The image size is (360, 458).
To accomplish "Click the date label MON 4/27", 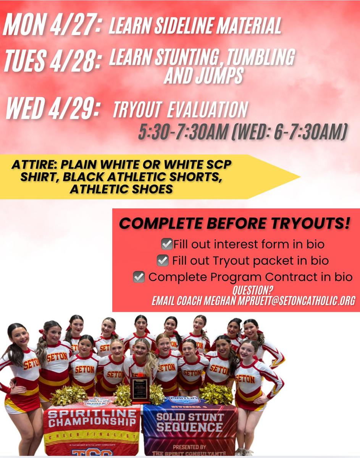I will [52, 26].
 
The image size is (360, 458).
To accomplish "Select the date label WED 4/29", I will [53, 108].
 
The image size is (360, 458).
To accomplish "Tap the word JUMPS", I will [223, 76].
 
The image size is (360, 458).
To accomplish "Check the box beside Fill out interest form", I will [167, 244].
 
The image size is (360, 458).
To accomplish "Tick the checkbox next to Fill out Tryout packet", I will [163, 261].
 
